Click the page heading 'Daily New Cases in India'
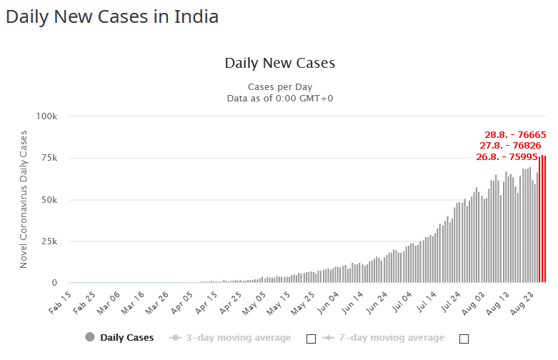pyautogui.click(x=112, y=16)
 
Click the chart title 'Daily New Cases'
pyautogui.click(x=279, y=63)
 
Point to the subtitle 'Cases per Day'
pyautogui.click(x=279, y=87)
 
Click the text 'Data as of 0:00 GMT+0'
pyautogui.click(x=279, y=99)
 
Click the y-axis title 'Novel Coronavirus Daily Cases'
pyautogui.click(x=24, y=199)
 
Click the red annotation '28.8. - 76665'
pyautogui.click(x=515, y=134)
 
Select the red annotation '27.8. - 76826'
pyautogui.click(x=510, y=145)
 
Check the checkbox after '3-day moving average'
pyautogui.click(x=311, y=339)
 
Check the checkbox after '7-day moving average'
pyautogui.click(x=464, y=339)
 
